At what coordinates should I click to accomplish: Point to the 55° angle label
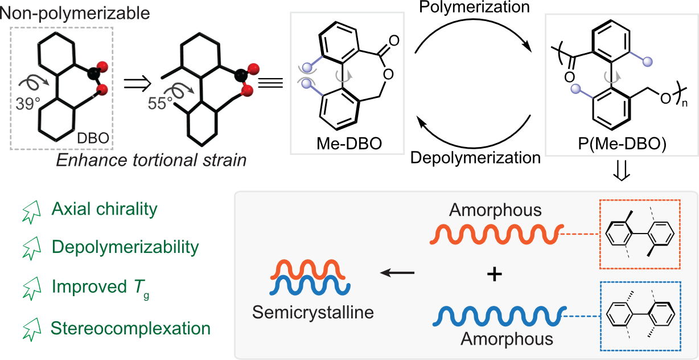[x=161, y=104]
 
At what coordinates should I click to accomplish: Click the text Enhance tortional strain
[x=151, y=160]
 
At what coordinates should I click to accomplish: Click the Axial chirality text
[x=104, y=209]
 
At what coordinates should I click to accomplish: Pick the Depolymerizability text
[x=125, y=247]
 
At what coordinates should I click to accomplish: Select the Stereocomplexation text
[x=130, y=328]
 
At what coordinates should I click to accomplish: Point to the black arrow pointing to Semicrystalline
[x=397, y=273]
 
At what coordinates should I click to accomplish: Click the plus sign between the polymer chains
[x=495, y=275]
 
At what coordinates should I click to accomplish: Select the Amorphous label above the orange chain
[x=495, y=210]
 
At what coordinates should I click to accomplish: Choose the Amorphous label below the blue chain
[x=507, y=339]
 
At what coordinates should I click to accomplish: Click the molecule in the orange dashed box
[x=640, y=234]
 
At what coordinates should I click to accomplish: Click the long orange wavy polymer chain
[x=495, y=234]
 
